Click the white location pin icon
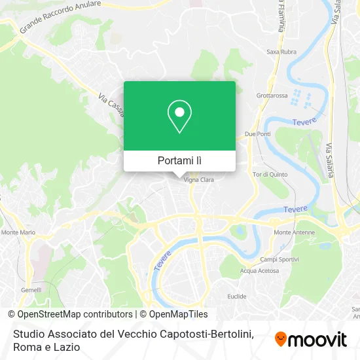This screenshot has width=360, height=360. pos(179,117)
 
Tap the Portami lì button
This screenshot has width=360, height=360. pos(179,160)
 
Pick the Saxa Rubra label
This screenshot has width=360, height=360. pos(282,69)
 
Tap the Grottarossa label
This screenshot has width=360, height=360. pos(272,95)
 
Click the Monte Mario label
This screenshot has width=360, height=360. pos(18,232)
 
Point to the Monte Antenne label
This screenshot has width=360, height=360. pos(291,232)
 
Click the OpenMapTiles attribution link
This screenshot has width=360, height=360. pos(177,314)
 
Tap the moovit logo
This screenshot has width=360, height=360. pos(310,339)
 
